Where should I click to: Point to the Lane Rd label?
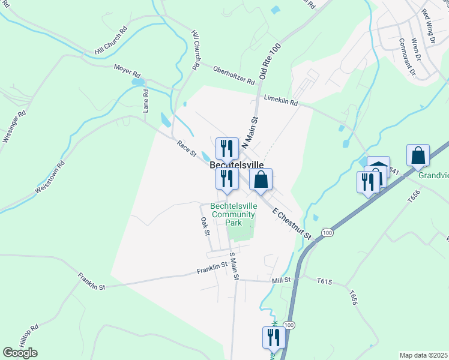pyautogui.click(x=145, y=101)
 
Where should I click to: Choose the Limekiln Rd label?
pyautogui.click(x=281, y=103)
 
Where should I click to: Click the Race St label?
pyautogui.click(x=187, y=148)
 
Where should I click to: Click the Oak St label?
pyautogui.click(x=205, y=226)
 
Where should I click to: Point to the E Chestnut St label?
pyautogui.click(x=293, y=224)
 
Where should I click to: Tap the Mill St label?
pyautogui.click(x=281, y=280)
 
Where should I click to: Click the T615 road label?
pyautogui.click(x=324, y=280)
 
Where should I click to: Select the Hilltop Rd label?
pyautogui.click(x=27, y=336)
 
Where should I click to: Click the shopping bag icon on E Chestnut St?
pyautogui.click(x=261, y=179)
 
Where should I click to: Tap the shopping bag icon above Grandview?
pyautogui.click(x=418, y=155)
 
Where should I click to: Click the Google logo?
pyautogui.click(x=20, y=353)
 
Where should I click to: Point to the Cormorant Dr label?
pyautogui.click(x=407, y=58)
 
